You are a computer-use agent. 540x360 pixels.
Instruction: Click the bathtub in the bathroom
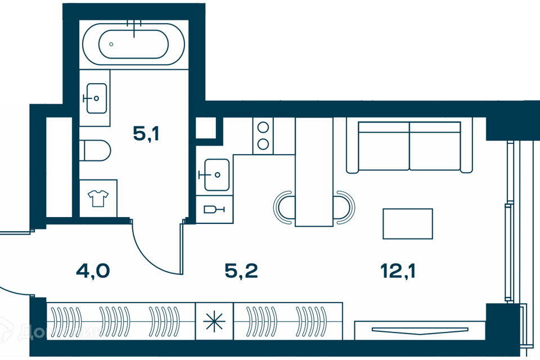coord(133,44)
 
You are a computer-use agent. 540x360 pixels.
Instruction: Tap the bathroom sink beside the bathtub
coord(96,98)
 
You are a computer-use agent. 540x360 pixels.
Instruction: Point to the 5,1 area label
coord(146,133)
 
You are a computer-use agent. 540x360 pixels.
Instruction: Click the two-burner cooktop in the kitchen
coord(263,136)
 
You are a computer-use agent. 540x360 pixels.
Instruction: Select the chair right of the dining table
coord(344,208)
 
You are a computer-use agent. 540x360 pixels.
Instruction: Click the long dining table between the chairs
coord(314,172)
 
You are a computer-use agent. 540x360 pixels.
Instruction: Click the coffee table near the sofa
coord(408,223)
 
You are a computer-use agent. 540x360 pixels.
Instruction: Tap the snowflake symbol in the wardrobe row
coord(214,321)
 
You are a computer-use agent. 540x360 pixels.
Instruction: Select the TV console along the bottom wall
coord(419,329)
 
